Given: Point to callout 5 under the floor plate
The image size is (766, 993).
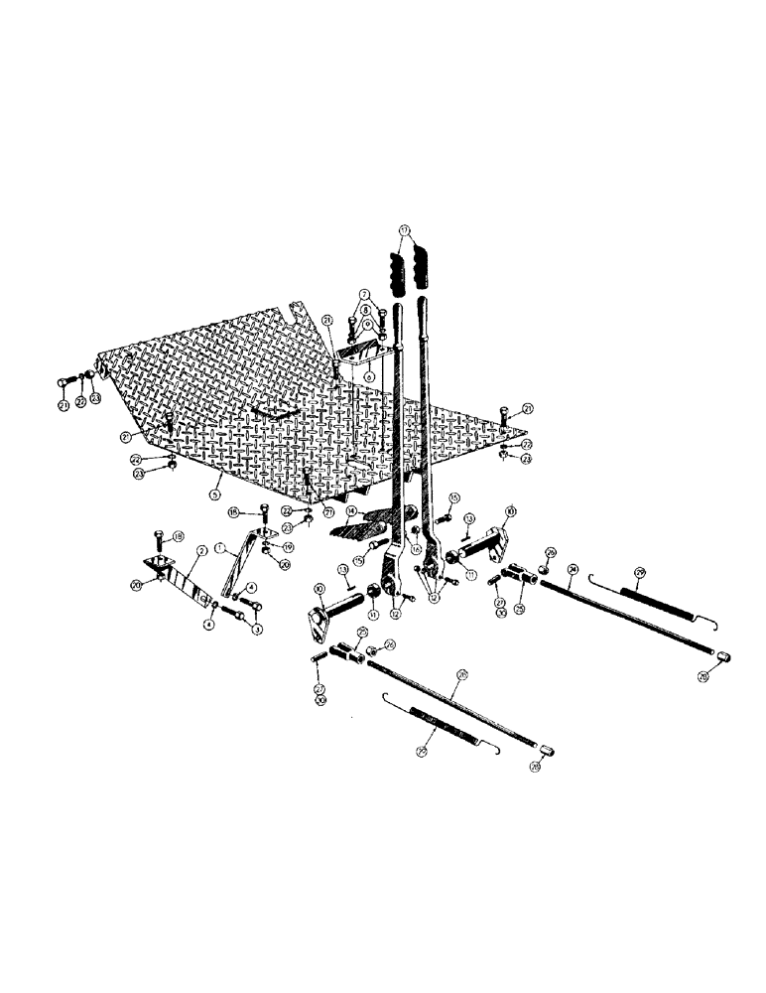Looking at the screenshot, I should (x=215, y=492).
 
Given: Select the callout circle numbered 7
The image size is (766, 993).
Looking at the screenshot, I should (x=365, y=296).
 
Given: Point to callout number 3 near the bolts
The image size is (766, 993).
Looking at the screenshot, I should (x=256, y=630).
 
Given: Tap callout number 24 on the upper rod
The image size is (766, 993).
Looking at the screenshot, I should (x=573, y=570).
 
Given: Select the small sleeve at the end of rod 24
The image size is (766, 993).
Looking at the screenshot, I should (x=724, y=657).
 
